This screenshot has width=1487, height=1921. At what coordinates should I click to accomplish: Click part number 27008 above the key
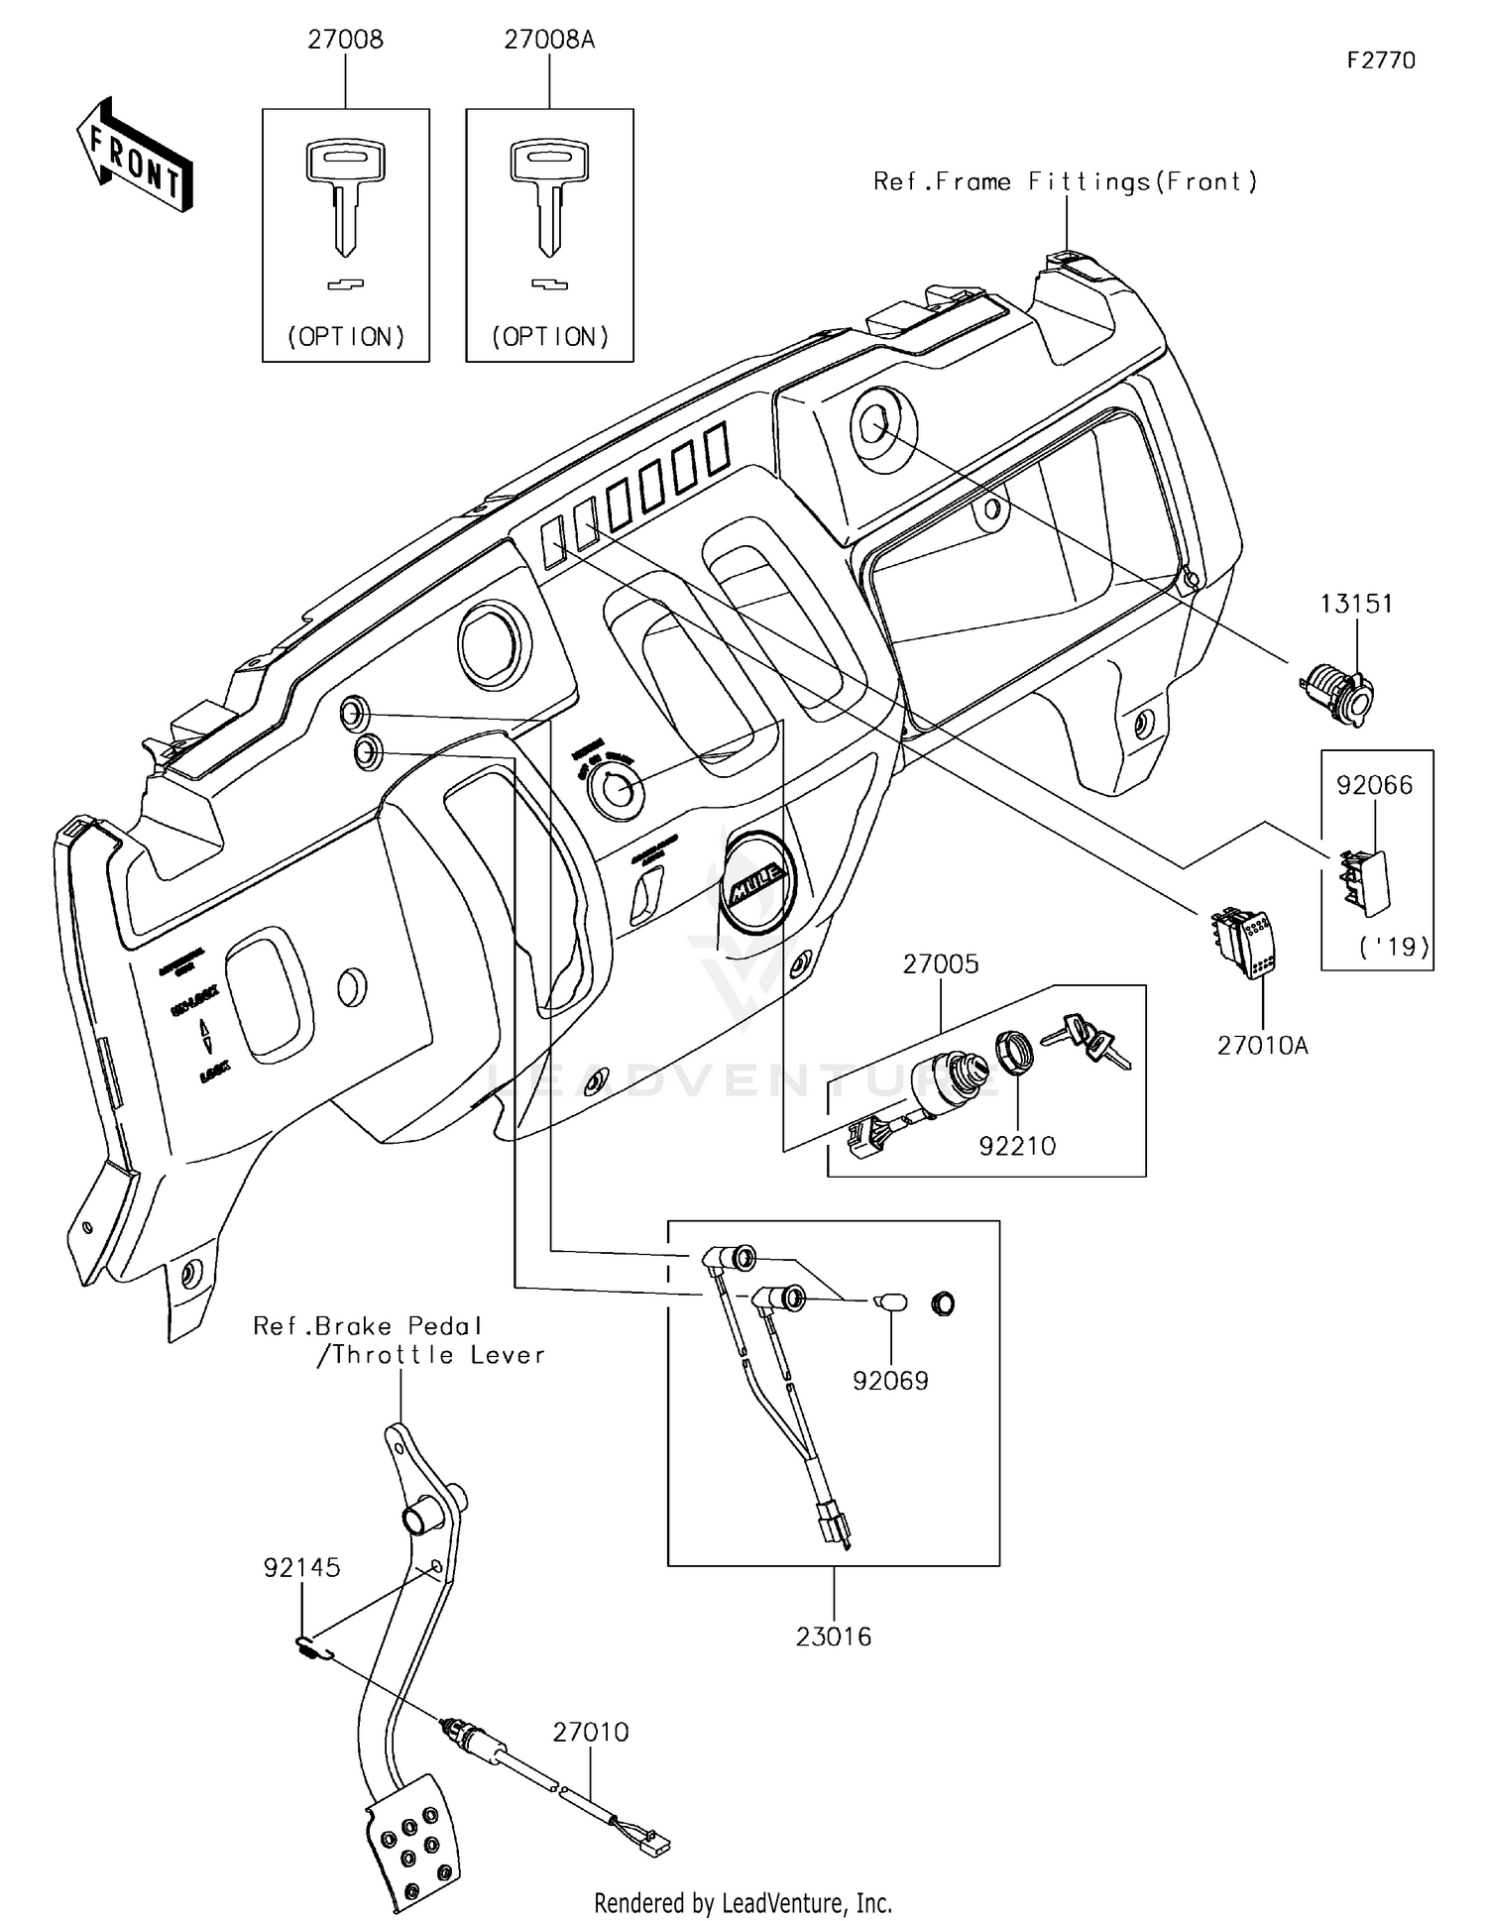tap(345, 40)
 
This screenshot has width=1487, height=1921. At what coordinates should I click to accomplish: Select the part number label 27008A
tap(549, 40)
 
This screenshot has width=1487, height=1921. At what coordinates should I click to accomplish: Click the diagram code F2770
tap(1381, 60)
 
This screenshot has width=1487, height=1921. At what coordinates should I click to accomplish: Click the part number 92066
tap(1374, 785)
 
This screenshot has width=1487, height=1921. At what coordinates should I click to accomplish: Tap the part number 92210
tap(1017, 1146)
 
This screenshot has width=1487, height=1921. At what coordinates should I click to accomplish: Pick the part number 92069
tap(890, 1381)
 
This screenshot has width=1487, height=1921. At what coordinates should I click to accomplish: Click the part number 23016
tap(834, 1637)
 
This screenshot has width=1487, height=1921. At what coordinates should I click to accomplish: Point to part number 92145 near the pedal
tap(301, 1567)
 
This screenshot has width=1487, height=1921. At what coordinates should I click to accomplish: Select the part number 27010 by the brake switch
tap(591, 1732)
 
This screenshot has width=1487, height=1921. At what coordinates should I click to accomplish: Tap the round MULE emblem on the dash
tap(758, 881)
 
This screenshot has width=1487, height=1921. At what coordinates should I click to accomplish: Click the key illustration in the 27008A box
tap(550, 198)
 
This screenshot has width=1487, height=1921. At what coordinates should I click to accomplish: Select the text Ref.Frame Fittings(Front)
tap(1066, 181)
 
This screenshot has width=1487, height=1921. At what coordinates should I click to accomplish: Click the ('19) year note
tap(1394, 947)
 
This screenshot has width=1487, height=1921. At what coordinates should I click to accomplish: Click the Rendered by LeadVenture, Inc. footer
tap(743, 1902)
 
